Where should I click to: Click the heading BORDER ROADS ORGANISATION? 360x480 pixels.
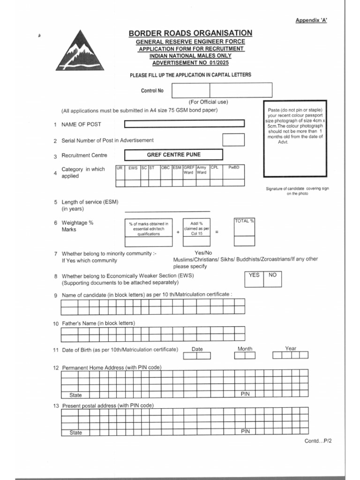pos(190,33)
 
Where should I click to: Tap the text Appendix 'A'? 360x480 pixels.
pos(311,20)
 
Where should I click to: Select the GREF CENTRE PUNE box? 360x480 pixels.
pos(173,155)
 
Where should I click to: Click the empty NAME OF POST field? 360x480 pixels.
pos(184,124)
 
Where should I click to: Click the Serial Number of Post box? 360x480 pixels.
pos(233,140)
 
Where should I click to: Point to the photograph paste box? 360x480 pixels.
pos(295,138)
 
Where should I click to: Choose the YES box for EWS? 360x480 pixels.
pos(254,279)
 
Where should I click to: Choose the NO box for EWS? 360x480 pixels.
pos(273,279)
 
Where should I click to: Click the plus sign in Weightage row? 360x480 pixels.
pos(178,232)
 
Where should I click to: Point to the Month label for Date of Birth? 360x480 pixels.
pos(245,349)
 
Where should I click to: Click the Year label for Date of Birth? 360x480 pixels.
pos(291,348)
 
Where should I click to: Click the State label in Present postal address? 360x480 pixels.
pos(75,433)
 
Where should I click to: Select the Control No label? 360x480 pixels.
pos(152,91)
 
